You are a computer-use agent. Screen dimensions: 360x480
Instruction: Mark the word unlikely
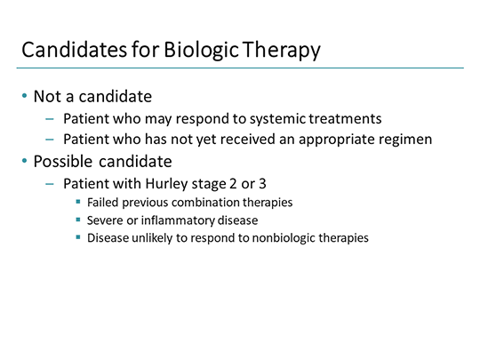click(153, 238)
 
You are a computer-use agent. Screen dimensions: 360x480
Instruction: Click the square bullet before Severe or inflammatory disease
click(78, 220)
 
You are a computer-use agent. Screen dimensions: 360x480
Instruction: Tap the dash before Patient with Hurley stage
click(49, 184)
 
